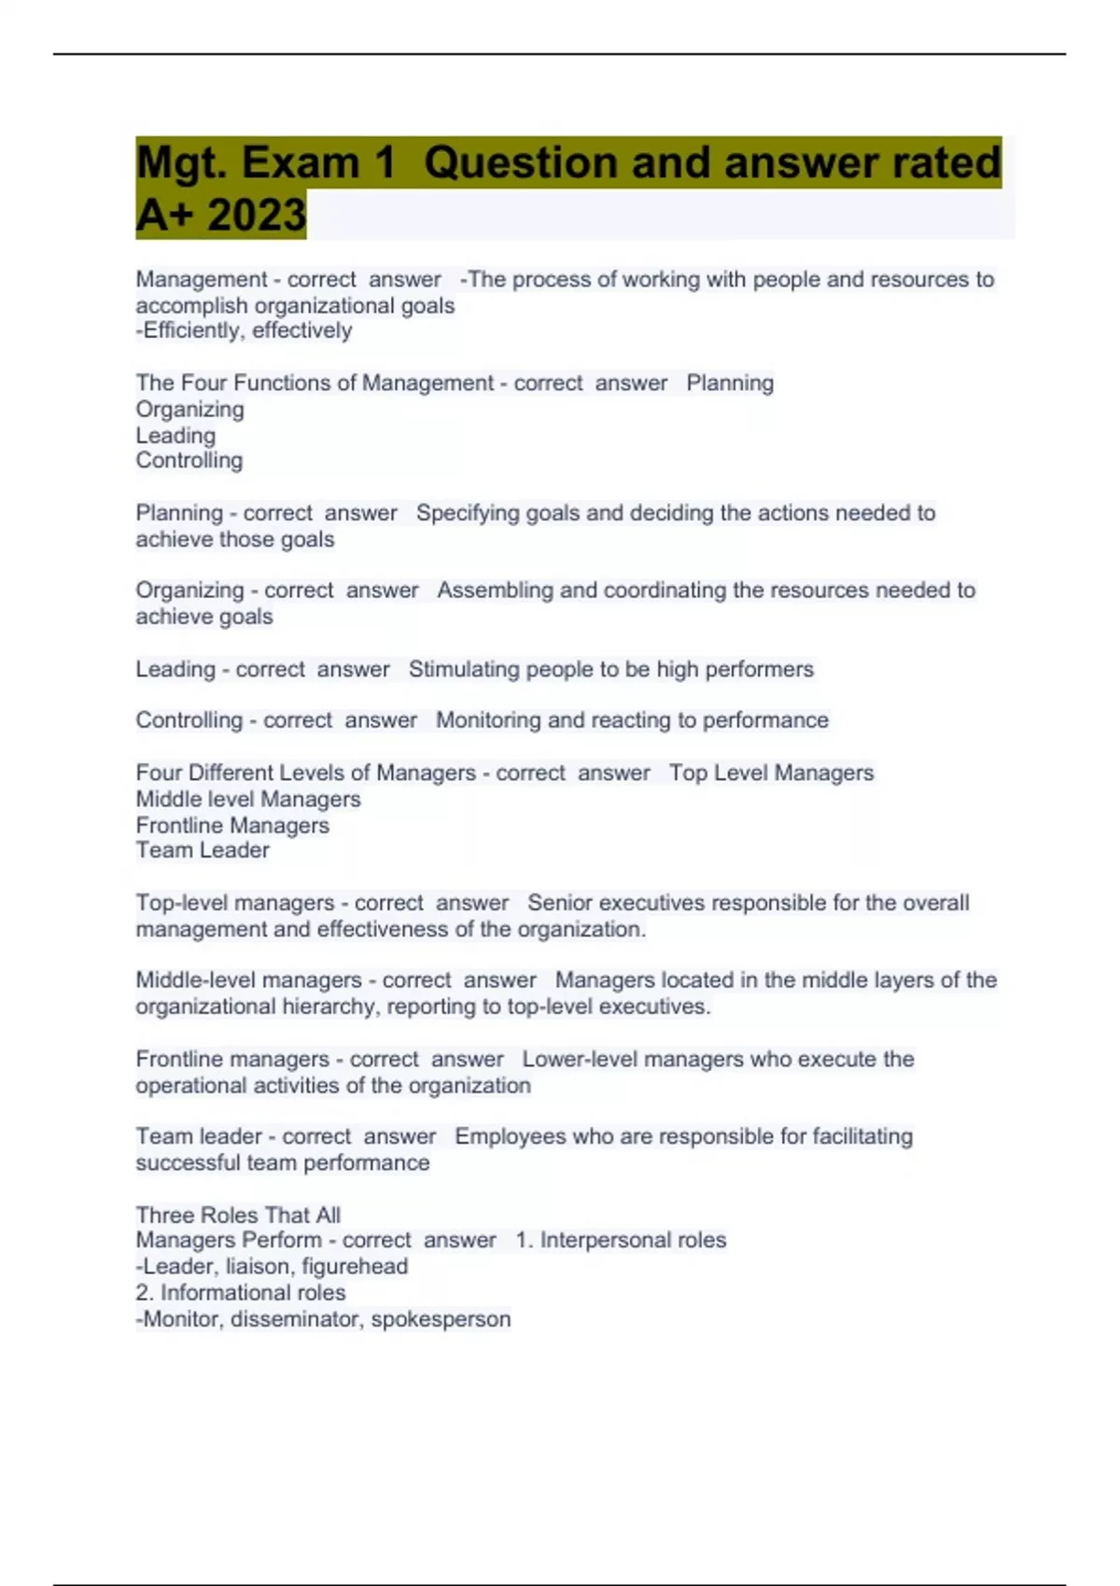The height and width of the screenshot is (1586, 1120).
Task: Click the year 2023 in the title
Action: click(x=257, y=215)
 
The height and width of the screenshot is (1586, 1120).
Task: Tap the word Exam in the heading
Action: click(x=300, y=162)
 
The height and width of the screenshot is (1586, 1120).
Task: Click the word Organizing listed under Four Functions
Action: click(x=190, y=410)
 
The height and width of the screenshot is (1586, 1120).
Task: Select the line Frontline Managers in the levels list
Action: click(x=232, y=826)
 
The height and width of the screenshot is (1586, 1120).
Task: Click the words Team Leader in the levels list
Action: click(x=203, y=850)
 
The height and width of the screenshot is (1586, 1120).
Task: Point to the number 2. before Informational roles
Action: click(x=145, y=1293)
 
